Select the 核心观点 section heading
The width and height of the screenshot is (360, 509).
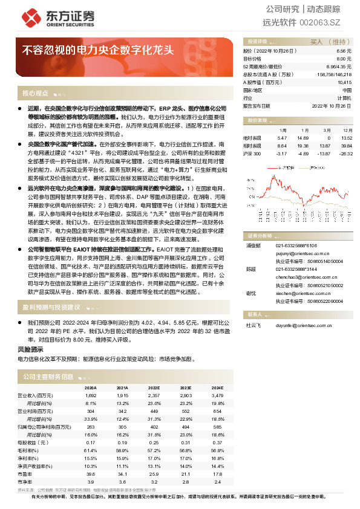coord(34,94)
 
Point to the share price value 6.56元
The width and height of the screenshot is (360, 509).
coord(344,52)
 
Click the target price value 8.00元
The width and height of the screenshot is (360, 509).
coord(344,59)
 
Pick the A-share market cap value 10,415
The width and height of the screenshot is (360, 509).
coord(344,82)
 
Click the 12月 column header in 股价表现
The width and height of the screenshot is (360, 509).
coord(347,131)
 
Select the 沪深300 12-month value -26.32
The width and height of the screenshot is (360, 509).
coord(345,154)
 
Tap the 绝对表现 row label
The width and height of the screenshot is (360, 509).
coord(253,138)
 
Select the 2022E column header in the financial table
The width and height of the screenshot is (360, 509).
coord(154,387)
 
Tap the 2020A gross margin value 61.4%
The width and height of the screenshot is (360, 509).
coord(90,450)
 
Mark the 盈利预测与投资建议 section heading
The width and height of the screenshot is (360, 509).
coord(51,307)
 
